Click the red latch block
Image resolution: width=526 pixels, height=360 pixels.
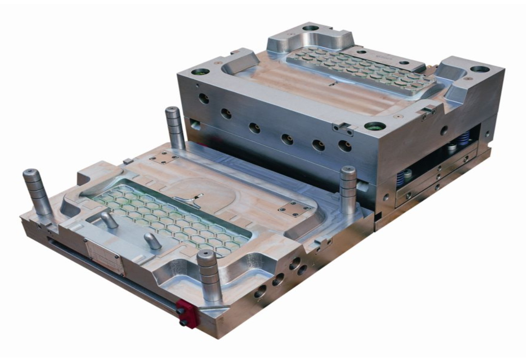(188, 313)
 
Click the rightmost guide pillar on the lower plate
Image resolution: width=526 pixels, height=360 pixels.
(348, 189)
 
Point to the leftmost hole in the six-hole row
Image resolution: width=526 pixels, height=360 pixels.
(203, 98)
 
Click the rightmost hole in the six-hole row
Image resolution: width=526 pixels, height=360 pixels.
(345, 145)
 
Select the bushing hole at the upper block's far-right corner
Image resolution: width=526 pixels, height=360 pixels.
(480, 69)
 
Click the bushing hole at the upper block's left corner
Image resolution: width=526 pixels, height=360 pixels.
(200, 72)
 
